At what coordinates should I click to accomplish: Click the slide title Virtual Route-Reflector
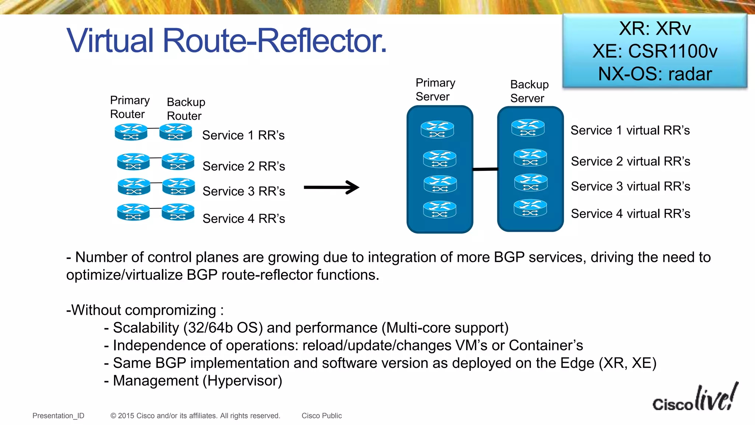point(226,41)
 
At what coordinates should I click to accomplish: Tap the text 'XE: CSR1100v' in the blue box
point(655,51)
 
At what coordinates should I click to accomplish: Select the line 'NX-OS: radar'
point(655,74)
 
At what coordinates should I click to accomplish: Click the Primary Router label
point(130,107)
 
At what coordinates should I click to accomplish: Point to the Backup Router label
point(186,109)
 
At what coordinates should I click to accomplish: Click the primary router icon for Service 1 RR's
point(131,132)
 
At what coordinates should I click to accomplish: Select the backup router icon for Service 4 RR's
point(178,212)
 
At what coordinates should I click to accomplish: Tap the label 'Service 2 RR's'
point(244,166)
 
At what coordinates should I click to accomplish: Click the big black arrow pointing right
point(331,187)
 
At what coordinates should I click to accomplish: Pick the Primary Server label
point(435,90)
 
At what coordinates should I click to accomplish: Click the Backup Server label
point(529,91)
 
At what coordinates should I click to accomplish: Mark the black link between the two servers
point(485,169)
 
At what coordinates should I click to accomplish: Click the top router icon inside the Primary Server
point(437,129)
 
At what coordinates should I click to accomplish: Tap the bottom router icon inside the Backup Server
point(530,208)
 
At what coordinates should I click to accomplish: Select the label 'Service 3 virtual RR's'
point(630,186)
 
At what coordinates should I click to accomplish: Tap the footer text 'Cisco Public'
point(321,416)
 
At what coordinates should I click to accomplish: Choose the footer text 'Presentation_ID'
point(58,416)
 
